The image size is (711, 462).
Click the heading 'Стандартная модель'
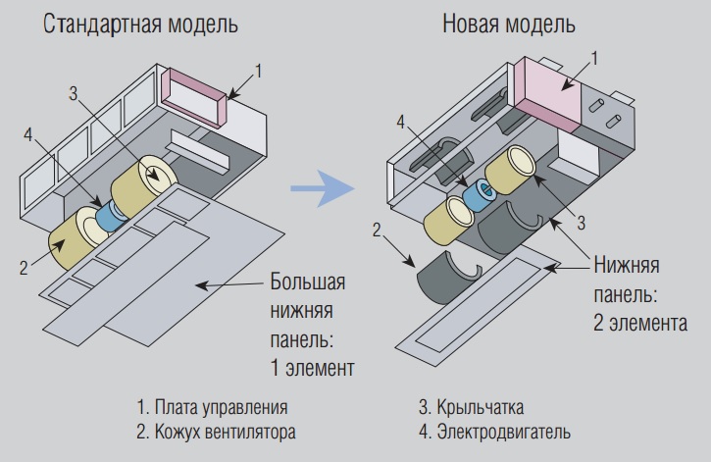pyautogui.click(x=141, y=25)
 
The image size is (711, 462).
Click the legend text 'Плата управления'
pyautogui.click(x=213, y=407)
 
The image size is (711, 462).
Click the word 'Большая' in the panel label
pyautogui.click(x=307, y=285)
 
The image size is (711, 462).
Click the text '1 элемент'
pyautogui.click(x=311, y=370)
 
